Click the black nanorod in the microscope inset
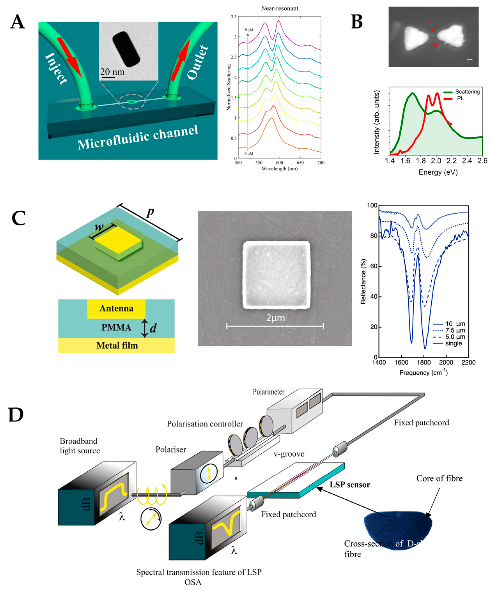[126, 49]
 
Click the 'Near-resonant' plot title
[280, 8]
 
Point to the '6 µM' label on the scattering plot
[249, 30]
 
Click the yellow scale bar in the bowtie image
[469, 60]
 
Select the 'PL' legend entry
[460, 99]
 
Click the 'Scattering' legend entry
[467, 92]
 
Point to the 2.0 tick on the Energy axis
[436, 161]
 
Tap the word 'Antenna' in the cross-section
[116, 308]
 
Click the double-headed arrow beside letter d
[144, 328]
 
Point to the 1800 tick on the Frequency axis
[424, 362]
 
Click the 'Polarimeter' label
[269, 392]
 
